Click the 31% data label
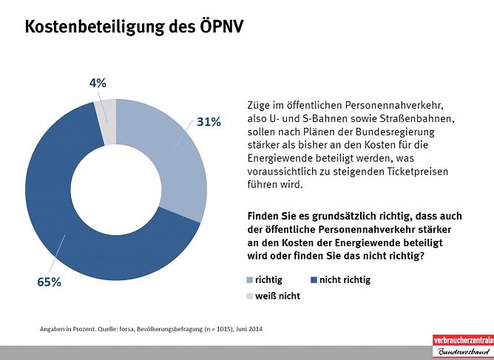point(209,122)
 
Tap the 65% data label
point(50,282)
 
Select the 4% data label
point(98,84)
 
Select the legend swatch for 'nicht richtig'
point(314,280)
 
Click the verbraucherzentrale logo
point(461,344)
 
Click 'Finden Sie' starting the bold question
point(271,216)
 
